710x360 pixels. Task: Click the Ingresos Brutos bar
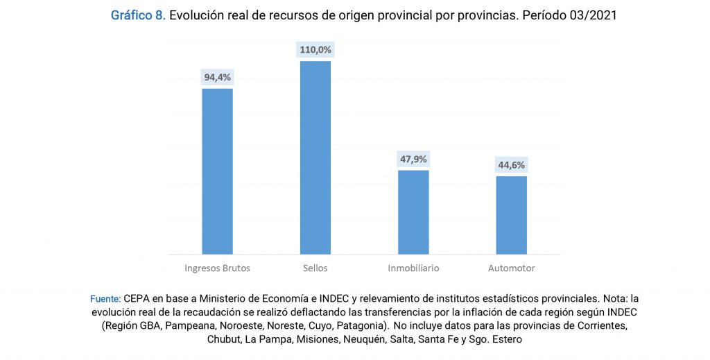(x=217, y=171)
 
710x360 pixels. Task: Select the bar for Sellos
(x=315, y=157)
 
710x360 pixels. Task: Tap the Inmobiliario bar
(x=413, y=212)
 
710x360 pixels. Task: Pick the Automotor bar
(x=511, y=215)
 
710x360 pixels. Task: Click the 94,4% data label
(x=217, y=77)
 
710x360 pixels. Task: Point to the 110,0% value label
(x=315, y=49)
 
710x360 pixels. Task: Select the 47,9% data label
(x=413, y=159)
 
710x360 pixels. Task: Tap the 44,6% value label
(x=511, y=165)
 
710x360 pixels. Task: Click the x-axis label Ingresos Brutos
(x=217, y=268)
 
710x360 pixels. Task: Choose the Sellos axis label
(x=315, y=268)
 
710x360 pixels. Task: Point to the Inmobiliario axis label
(x=413, y=268)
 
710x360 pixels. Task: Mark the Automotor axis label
(x=511, y=268)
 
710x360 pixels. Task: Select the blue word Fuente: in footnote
(x=105, y=298)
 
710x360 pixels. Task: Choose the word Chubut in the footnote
(x=225, y=339)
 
